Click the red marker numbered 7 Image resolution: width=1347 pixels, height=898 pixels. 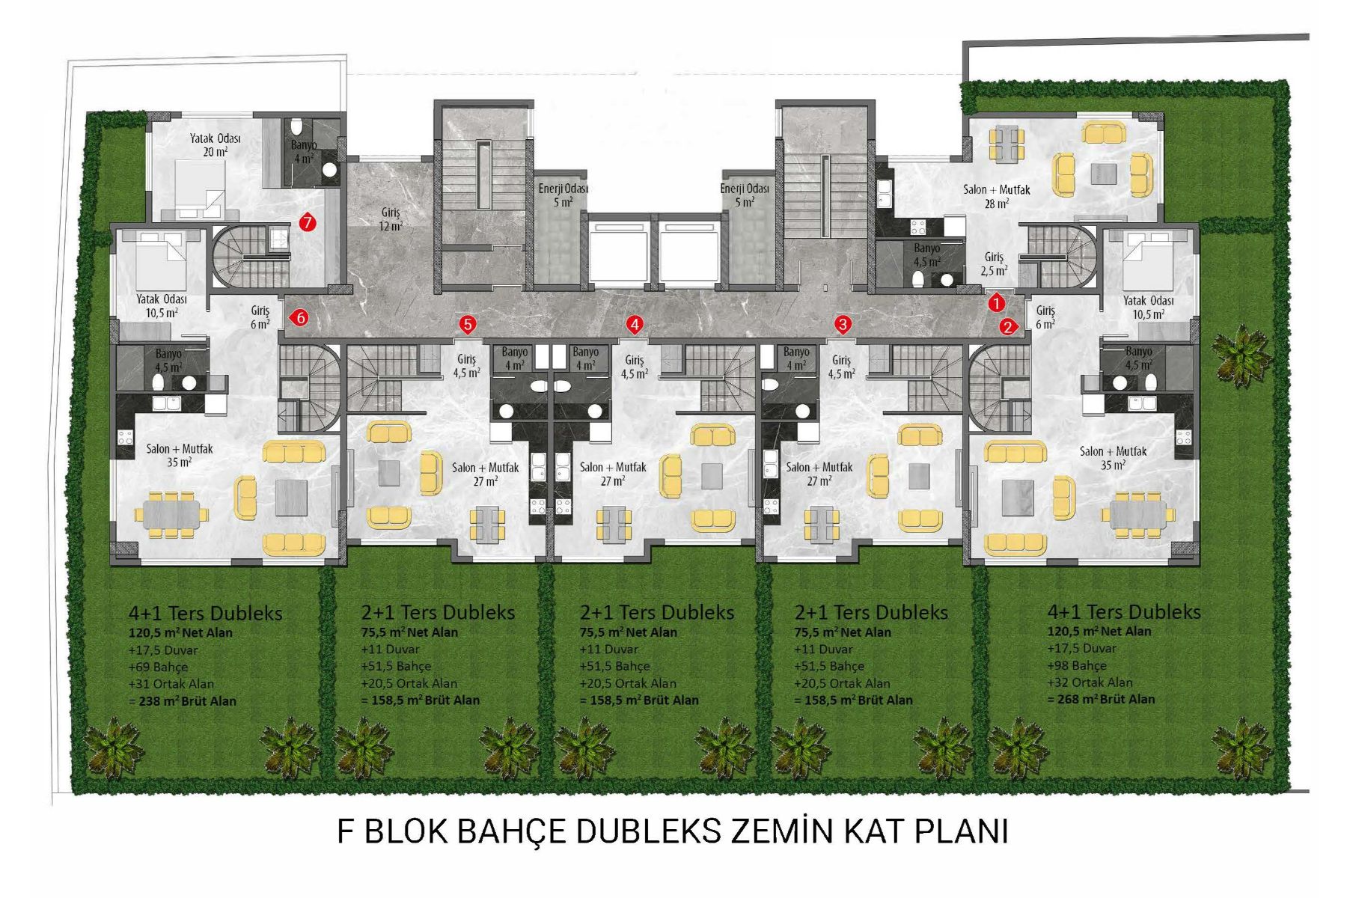[307, 222]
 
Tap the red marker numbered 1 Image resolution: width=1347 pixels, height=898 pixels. [996, 303]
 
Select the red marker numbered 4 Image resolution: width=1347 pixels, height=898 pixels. [635, 324]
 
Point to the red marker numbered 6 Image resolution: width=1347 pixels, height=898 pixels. [299, 318]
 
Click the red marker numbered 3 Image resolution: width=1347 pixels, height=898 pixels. [843, 324]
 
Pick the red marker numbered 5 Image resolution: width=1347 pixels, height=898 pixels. [468, 324]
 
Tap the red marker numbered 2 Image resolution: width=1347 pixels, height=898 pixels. [1008, 326]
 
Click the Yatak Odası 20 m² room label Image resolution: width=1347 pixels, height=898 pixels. [215, 145]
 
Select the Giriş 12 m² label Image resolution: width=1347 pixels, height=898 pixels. [391, 219]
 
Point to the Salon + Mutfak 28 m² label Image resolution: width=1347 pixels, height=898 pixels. [997, 196]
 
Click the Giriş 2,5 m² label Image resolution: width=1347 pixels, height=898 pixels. [994, 263]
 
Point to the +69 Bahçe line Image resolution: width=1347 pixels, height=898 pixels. [158, 667]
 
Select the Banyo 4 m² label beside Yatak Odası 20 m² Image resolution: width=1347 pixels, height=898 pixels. [304, 151]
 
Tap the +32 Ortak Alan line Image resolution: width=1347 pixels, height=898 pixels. [1090, 682]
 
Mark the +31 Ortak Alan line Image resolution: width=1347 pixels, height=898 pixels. [171, 684]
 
